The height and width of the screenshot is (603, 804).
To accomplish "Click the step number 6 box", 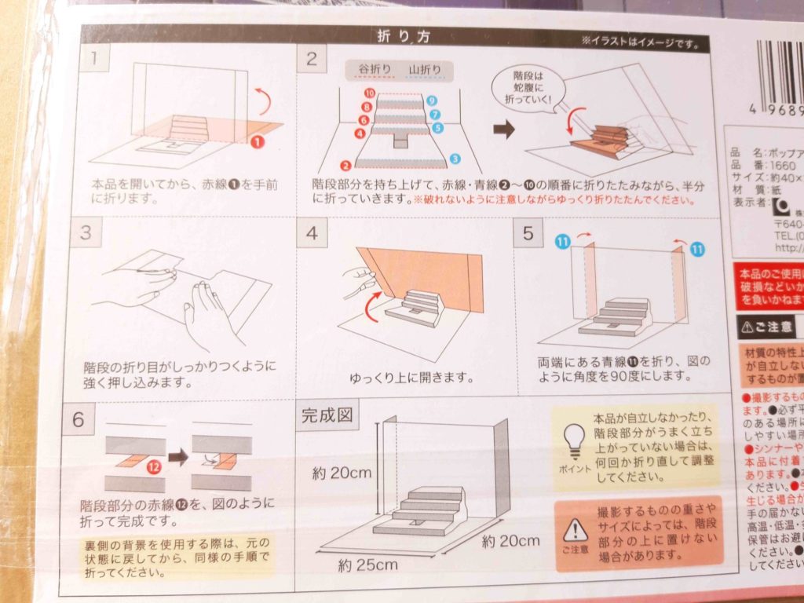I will click(x=79, y=418).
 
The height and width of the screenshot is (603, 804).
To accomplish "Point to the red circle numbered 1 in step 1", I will click(x=256, y=142).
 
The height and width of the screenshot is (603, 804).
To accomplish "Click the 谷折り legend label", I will click(x=375, y=70).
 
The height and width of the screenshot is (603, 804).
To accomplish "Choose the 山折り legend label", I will click(x=425, y=70).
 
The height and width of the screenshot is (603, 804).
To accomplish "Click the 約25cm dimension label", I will click(x=368, y=564).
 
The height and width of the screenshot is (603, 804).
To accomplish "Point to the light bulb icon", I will click(x=576, y=437).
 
